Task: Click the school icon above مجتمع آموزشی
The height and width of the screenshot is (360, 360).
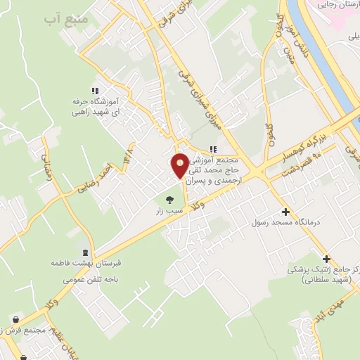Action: [x=213, y=148]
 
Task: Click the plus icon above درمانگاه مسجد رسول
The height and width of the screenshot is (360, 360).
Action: [x=285, y=211]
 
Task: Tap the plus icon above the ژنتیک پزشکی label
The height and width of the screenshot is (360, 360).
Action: [x=326, y=258]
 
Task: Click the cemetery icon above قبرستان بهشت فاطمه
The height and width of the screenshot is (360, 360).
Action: [x=86, y=253]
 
